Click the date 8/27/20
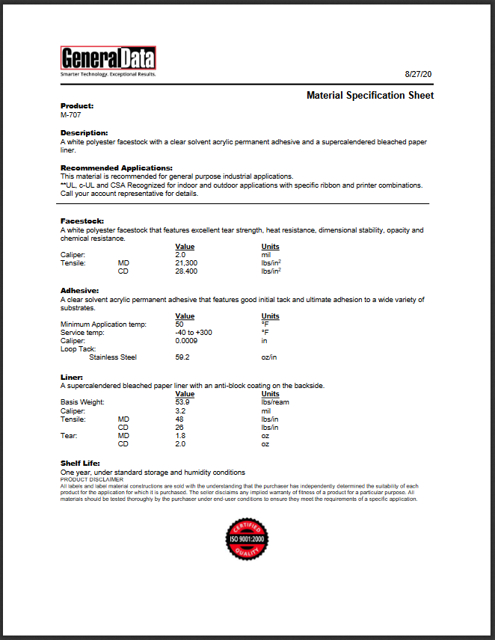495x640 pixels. [x=419, y=75]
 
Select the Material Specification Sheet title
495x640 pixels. [x=370, y=96]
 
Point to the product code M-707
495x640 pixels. [x=71, y=115]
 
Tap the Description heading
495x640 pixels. [x=84, y=132]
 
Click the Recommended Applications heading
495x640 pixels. [x=116, y=167]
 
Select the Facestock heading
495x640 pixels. [x=82, y=221]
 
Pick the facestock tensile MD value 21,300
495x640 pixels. [x=186, y=263]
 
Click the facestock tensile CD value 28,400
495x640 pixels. [x=186, y=271]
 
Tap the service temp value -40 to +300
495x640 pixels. [x=194, y=333]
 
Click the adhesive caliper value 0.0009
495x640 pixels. [x=187, y=341]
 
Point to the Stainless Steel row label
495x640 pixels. [x=113, y=357]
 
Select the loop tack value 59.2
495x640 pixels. [x=182, y=357]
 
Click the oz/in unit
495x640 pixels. [x=269, y=357]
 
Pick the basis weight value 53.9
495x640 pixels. [x=182, y=402]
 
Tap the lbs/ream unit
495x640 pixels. [x=274, y=402]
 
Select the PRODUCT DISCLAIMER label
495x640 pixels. [x=86, y=480]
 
